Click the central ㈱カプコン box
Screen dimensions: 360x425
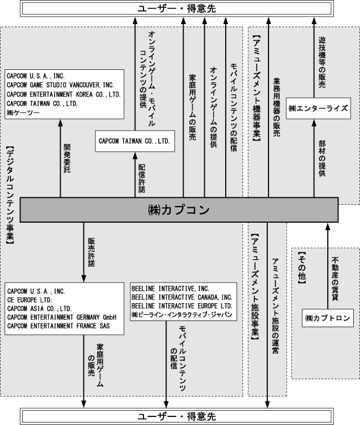[179, 210]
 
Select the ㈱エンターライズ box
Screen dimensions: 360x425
[319, 108]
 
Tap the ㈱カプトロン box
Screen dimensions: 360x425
[328, 318]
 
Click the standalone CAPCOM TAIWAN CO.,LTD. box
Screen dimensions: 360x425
[135, 141]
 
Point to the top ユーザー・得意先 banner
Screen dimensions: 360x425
[177, 9]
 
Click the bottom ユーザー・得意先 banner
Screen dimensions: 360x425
[177, 416]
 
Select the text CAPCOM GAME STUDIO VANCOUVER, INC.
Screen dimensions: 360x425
[61, 85]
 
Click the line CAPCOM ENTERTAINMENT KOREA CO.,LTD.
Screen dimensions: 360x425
[64, 94]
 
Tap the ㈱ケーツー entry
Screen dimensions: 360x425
[24, 113]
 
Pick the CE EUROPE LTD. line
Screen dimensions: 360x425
[30, 300]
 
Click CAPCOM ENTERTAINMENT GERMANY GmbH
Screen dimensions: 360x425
[62, 317]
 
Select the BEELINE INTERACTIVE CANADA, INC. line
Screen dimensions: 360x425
[182, 298]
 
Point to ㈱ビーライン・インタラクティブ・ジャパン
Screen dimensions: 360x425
[182, 315]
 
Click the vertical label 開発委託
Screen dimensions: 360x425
[67, 158]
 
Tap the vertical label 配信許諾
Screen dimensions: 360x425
[142, 178]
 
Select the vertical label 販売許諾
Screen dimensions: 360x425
[92, 252]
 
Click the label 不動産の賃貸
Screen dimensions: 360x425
[335, 278]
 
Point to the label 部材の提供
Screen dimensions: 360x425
[322, 158]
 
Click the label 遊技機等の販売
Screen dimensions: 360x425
[322, 62]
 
